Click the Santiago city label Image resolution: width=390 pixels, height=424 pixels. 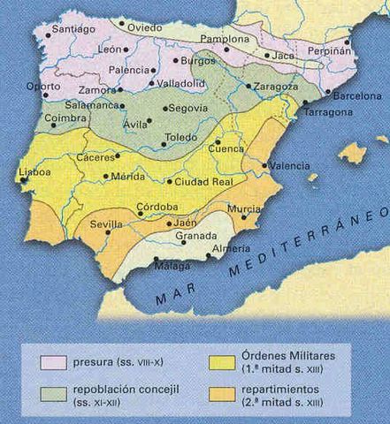pos(73,28)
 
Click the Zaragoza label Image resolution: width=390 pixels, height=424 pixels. pos(276,87)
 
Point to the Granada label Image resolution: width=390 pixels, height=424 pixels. pos(195,237)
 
